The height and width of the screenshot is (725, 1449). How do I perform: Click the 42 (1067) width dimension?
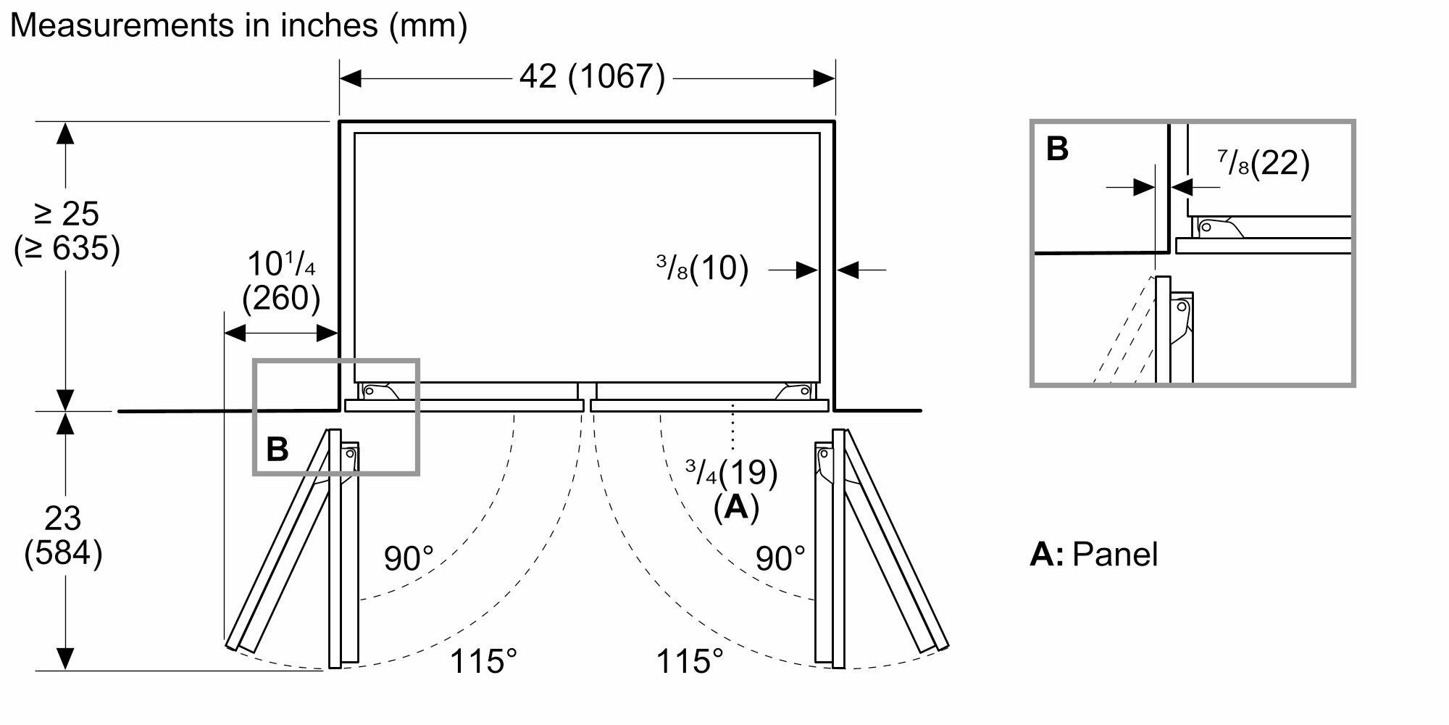point(592,77)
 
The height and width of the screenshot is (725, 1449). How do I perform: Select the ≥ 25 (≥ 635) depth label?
point(67,231)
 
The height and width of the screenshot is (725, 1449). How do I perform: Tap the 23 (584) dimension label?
point(63,536)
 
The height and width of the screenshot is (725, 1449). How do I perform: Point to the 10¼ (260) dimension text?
point(281,281)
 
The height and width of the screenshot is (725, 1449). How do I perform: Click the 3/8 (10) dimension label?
point(702,268)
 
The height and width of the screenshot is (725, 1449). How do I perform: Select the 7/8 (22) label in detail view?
point(1264,164)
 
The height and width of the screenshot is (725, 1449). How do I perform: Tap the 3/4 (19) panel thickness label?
point(732,473)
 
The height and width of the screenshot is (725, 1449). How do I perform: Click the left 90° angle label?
point(409,558)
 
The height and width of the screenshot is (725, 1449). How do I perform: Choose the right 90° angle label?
point(780,558)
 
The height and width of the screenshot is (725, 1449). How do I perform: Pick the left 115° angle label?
point(483,661)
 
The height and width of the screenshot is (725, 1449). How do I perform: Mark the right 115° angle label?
point(689,661)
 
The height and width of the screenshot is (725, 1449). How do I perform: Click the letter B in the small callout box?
point(277,449)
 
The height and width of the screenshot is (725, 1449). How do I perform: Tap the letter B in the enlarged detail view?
point(1057,149)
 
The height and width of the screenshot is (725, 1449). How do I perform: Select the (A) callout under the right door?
point(736,507)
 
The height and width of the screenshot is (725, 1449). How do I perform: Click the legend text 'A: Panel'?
point(1094,554)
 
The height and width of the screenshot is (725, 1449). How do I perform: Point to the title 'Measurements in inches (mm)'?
point(238,25)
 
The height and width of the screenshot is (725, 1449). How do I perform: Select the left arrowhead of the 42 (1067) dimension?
point(350,78)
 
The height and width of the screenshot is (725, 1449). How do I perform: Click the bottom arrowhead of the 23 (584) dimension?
point(65,658)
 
